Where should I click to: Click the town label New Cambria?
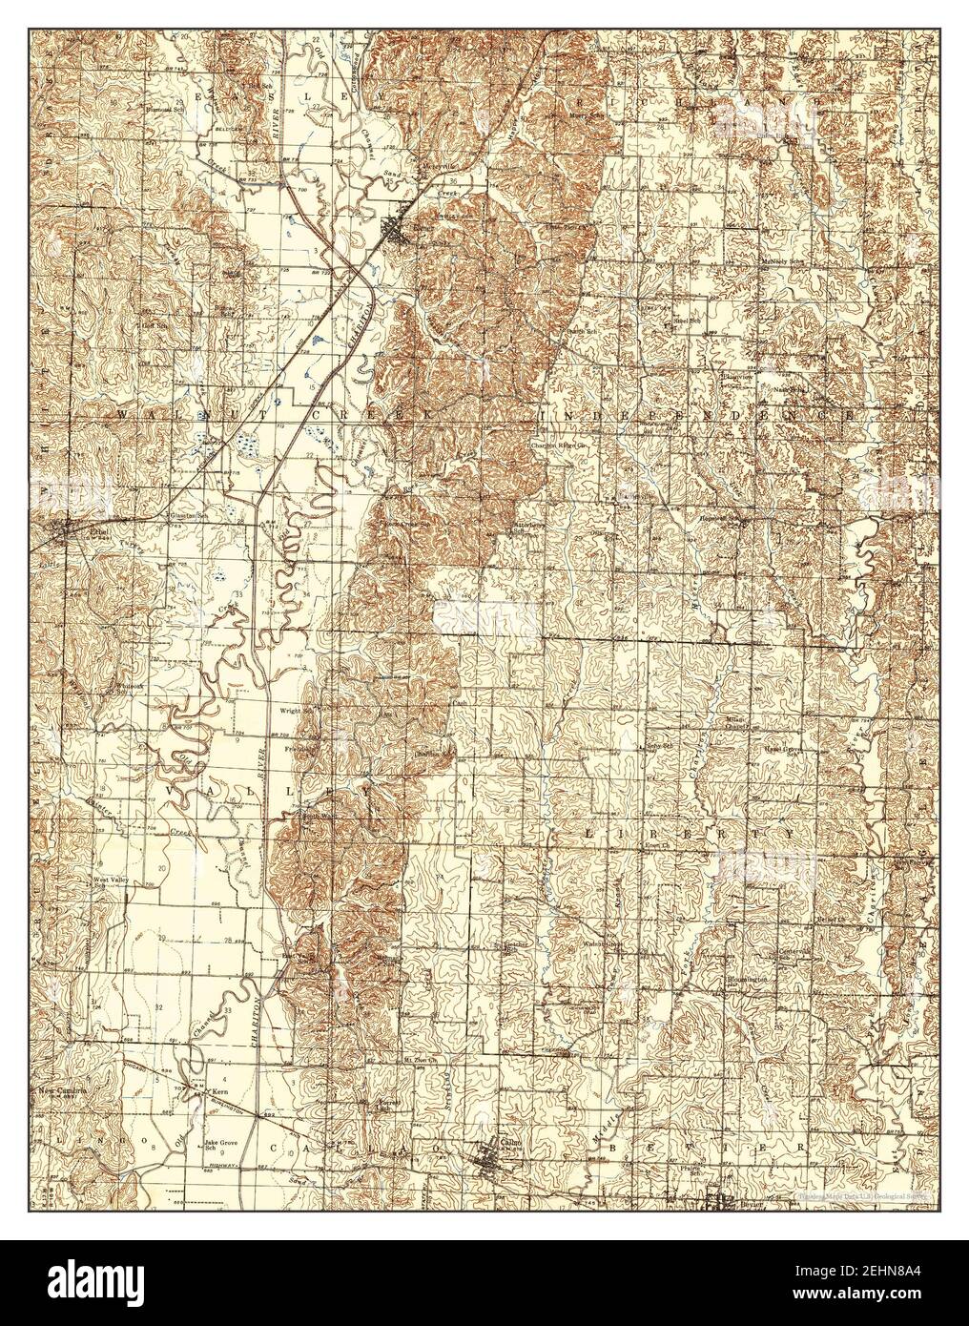pos(64,1088)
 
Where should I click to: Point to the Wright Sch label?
pos(297,711)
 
